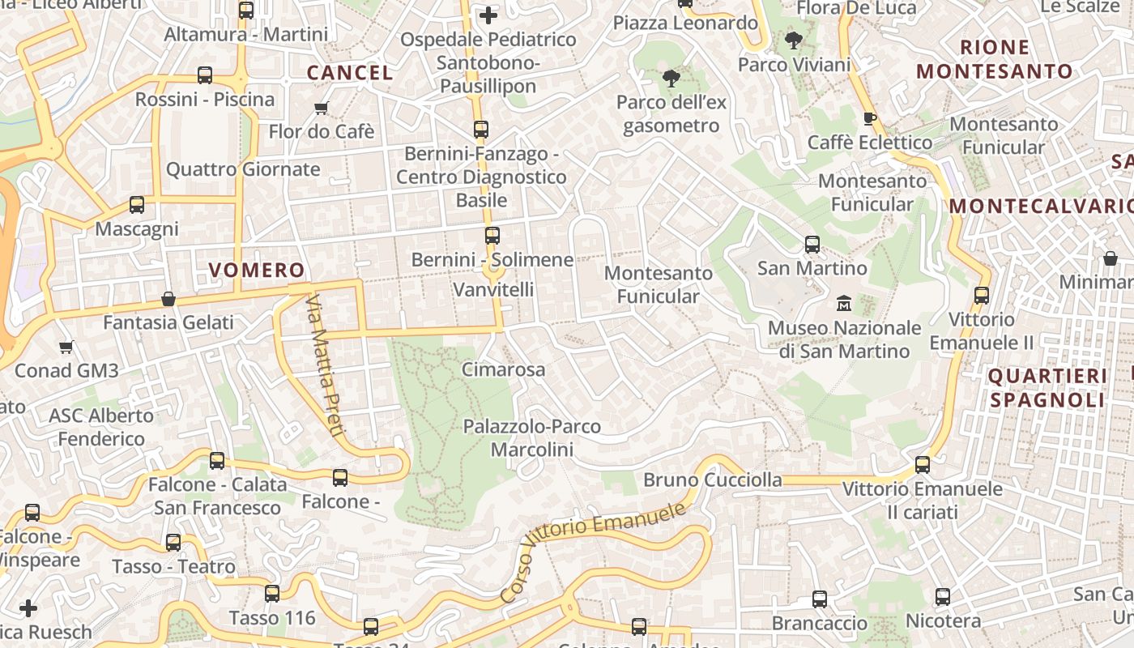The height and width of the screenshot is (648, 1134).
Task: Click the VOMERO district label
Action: point(257,270)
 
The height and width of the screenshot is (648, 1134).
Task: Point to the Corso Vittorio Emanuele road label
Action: point(594,551)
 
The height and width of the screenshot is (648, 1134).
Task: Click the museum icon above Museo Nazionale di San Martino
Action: point(844,304)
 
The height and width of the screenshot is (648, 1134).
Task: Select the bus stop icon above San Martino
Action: point(812,244)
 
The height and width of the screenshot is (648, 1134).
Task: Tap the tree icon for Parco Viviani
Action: point(794,40)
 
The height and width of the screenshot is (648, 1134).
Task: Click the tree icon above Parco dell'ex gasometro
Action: point(671,79)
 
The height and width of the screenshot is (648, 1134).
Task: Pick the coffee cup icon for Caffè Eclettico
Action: point(870,119)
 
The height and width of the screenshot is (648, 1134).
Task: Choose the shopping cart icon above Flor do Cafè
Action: point(321,108)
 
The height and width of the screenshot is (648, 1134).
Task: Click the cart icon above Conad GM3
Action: point(66,347)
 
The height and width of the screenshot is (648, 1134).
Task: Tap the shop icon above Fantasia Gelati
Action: point(168,299)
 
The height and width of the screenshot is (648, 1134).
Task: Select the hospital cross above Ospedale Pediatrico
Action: point(488,15)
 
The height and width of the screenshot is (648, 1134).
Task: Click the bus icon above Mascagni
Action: point(137,205)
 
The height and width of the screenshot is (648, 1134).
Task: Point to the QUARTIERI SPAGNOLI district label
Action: point(1047,387)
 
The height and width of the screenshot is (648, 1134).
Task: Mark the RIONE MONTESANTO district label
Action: point(995,59)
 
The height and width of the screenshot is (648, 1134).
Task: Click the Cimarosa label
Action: point(503,369)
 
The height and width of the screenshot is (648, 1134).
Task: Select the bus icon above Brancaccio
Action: point(820,599)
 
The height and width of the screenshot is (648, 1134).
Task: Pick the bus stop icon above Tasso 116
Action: point(272,594)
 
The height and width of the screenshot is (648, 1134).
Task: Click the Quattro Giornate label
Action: point(243,169)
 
